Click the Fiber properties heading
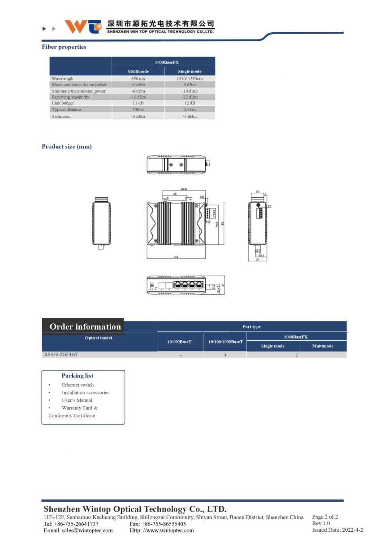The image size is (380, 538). [64, 47]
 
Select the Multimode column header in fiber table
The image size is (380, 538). [138, 71]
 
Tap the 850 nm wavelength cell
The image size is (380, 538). [138, 78]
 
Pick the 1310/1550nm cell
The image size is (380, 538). [190, 78]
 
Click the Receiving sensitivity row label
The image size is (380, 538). [70, 97]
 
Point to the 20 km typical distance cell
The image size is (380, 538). [190, 109]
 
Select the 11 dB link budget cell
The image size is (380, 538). [138, 103]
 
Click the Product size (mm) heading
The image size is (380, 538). [66, 147]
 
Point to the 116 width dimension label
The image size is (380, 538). [176, 257]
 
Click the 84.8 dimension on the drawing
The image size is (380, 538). [184, 189]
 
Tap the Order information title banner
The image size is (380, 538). [85, 326]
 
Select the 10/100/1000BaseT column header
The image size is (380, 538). [225, 342]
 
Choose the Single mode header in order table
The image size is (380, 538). [272, 346]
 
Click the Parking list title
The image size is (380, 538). [78, 376]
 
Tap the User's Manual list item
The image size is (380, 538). [77, 400]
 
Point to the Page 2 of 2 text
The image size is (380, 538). [325, 516]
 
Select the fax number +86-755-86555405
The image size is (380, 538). [164, 524]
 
